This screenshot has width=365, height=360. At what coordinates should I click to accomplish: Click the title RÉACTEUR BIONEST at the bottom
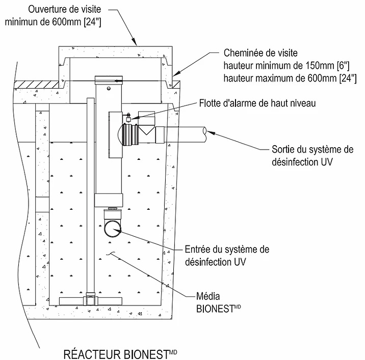coord(120,354)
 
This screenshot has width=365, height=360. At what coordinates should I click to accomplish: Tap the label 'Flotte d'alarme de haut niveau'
coord(257,103)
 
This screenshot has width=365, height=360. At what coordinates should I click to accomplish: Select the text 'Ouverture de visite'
coord(64,9)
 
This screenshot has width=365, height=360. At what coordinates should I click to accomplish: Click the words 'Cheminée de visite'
coord(260,53)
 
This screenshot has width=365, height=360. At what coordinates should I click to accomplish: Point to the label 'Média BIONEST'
coord(218,302)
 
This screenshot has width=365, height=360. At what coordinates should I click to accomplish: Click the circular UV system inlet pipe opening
coord(113,229)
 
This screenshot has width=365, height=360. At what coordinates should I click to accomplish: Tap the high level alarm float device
coord(128,117)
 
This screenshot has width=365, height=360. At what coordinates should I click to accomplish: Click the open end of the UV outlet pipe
coord(204,135)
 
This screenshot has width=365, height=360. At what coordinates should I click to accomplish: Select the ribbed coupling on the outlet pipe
coord(130,135)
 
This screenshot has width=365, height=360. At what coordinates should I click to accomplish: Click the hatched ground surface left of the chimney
coord(36,85)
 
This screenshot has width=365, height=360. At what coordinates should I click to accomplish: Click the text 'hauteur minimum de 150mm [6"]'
coord(286,66)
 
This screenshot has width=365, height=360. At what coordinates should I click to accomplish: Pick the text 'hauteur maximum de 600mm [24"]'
coord(290,78)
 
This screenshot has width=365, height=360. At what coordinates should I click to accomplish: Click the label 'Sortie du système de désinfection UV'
coord(312,156)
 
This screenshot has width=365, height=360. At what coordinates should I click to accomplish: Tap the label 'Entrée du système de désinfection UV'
coord(227,256)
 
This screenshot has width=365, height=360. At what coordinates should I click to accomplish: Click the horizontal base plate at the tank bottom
coord(90,301)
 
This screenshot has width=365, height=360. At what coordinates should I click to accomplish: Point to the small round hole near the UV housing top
coord(109,89)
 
